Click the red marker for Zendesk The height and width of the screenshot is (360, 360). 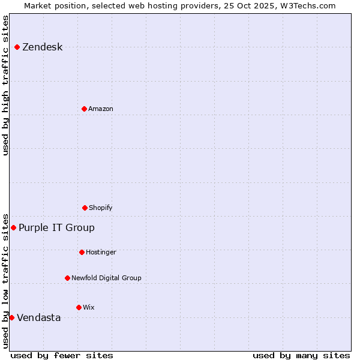tap(17, 47)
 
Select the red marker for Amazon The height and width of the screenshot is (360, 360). tap(84, 109)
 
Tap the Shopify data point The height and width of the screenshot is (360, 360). tap(85, 208)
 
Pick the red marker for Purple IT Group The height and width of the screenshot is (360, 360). tap(13, 227)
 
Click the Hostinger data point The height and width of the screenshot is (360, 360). tap(82, 252)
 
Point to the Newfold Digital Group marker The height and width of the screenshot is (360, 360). tap(67, 278)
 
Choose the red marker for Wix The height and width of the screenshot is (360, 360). tap(79, 307)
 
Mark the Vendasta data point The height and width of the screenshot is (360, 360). tap(11, 317)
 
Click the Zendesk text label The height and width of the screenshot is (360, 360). tap(42, 47)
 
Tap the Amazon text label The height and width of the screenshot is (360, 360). tap(101, 109)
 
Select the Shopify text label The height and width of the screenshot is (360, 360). tap(101, 208)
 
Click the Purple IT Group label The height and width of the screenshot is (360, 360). tap(56, 228)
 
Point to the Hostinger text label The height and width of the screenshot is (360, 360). tap(101, 253)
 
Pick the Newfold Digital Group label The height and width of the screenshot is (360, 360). tap(106, 278)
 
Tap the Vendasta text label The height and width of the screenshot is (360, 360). tap(38, 318)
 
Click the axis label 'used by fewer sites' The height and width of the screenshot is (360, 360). tap(62, 356)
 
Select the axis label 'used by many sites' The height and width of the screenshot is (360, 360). tap(301, 356)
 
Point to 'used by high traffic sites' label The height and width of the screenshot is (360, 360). tap(6, 85)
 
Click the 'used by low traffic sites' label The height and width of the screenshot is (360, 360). tap(6, 281)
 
